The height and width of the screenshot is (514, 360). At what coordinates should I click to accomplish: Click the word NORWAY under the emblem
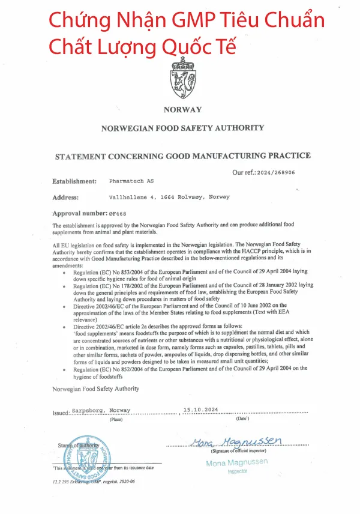(x=182, y=109)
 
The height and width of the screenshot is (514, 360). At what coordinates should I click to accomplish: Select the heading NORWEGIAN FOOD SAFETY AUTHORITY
(x=182, y=128)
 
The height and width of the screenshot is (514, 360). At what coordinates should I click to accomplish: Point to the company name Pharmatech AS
(x=131, y=181)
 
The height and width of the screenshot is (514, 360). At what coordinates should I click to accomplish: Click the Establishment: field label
(x=74, y=181)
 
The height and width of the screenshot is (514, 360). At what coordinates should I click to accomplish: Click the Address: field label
(x=65, y=197)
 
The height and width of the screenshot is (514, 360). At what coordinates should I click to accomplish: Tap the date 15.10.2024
(x=201, y=409)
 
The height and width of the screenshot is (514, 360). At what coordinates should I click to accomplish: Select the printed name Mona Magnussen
(x=236, y=462)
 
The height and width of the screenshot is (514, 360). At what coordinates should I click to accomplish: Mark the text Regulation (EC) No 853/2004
(x=111, y=273)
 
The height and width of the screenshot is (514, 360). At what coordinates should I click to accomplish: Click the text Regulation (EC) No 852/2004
(x=111, y=370)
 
